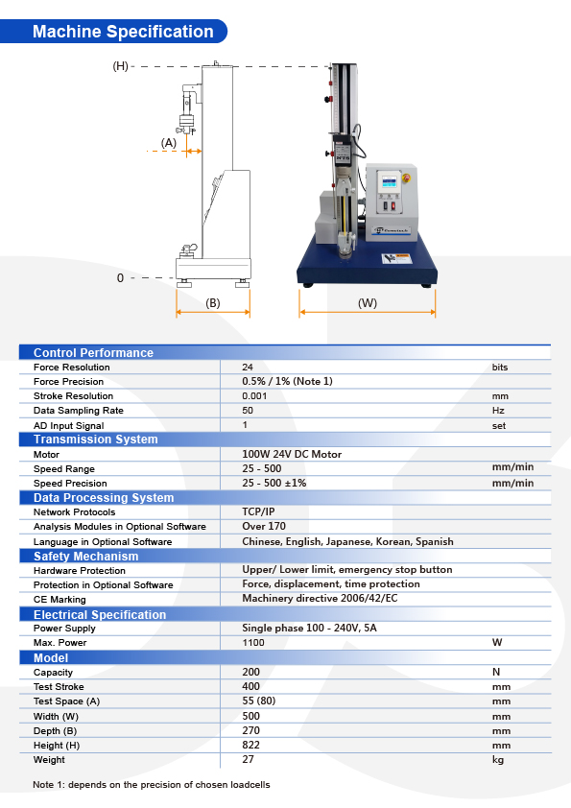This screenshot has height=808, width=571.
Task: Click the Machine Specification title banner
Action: (123, 32)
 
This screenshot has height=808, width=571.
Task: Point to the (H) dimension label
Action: (121, 66)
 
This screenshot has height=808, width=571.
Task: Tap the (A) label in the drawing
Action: (169, 142)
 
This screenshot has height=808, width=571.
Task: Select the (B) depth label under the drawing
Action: (213, 303)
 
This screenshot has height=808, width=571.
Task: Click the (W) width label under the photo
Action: (367, 303)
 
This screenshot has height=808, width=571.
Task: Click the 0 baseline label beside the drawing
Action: (121, 277)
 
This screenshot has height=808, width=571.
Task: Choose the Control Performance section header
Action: (93, 352)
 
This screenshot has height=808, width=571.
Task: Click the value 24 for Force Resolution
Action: (248, 367)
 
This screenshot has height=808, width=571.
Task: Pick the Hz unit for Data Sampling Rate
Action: (498, 410)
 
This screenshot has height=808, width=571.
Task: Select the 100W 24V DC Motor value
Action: (292, 454)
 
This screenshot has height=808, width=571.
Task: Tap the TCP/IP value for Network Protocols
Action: (258, 512)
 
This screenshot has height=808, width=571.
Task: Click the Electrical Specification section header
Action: (100, 614)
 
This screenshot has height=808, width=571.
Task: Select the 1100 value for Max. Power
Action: (253, 643)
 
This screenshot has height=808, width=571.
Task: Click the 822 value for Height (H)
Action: (250, 746)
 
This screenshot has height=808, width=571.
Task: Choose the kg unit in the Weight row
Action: (497, 760)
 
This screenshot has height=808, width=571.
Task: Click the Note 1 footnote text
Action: (152, 784)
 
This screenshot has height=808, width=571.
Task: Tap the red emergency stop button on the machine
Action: (406, 178)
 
